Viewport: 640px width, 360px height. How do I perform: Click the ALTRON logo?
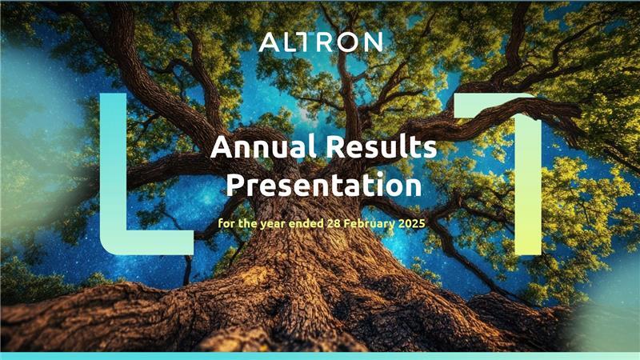[321, 42]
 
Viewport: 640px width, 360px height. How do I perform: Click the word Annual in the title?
[263, 146]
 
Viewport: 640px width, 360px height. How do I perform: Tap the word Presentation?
[324, 185]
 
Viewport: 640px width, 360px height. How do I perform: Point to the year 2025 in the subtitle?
[411, 224]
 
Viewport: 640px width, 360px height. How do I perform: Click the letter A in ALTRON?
[268, 42]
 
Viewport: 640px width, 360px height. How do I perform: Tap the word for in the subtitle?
[226, 224]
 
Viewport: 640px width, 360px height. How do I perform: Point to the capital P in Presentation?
[235, 184]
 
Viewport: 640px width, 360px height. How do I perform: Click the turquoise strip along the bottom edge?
[320, 356]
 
